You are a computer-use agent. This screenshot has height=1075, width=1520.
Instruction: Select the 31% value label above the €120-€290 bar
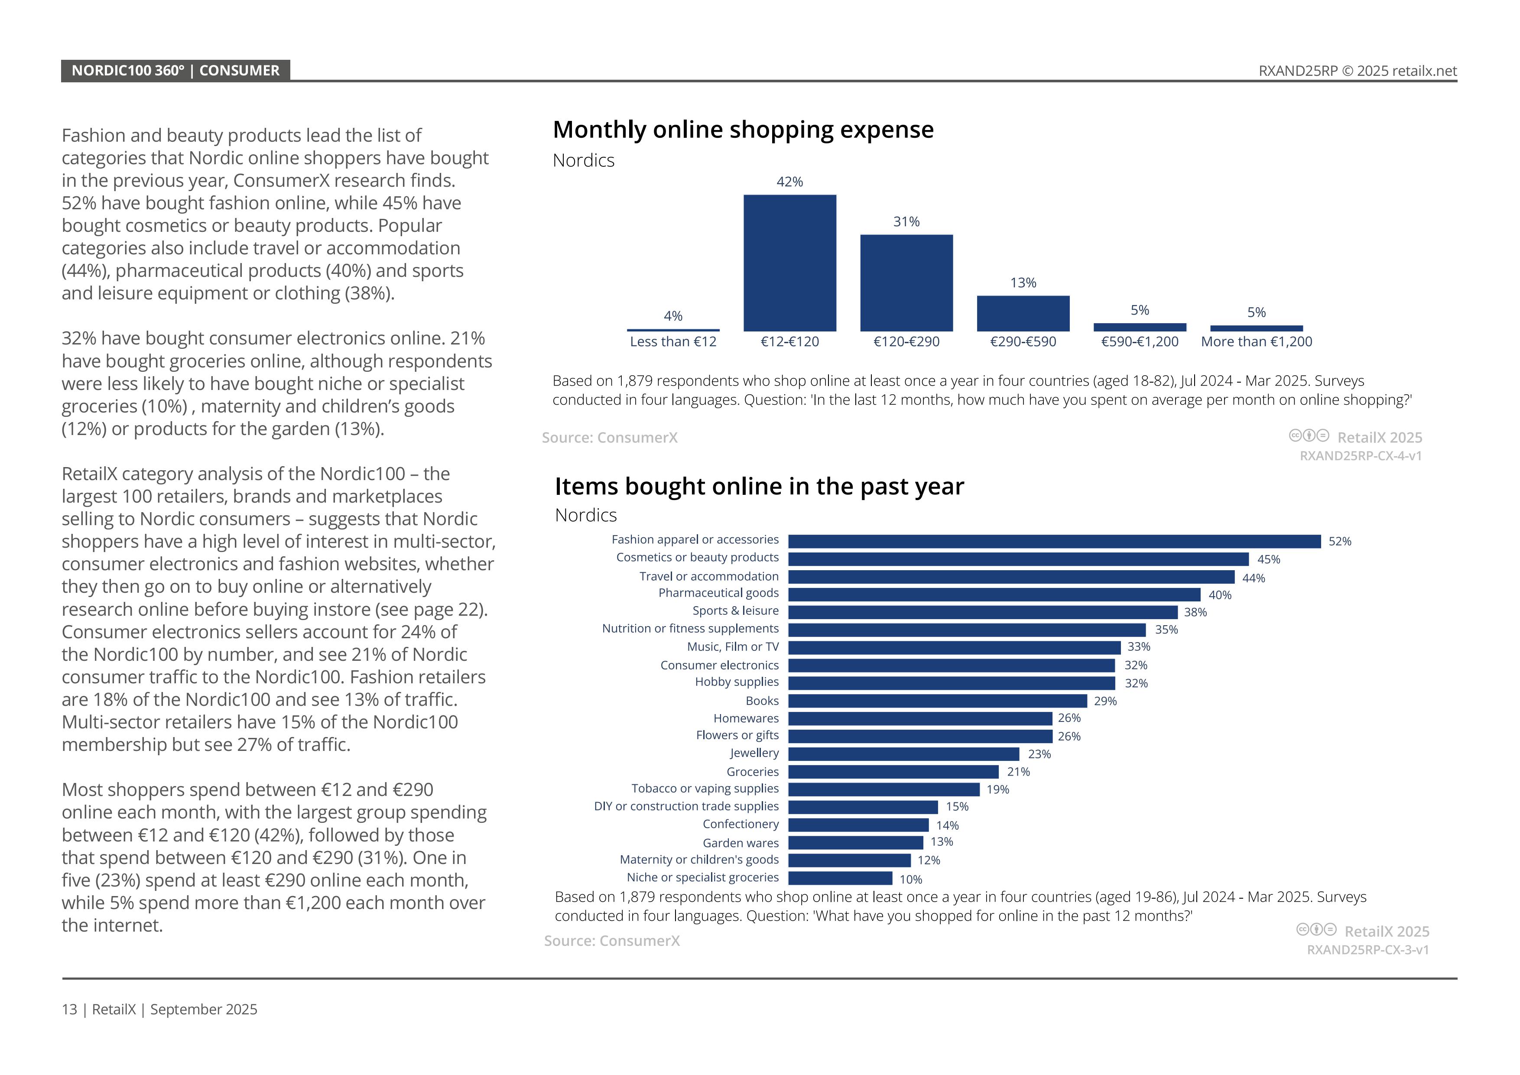906,222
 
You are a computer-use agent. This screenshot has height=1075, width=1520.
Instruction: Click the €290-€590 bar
1023,313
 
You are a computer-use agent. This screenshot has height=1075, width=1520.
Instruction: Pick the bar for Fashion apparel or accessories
1054,542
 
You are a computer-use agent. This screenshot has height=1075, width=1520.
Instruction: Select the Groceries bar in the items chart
893,772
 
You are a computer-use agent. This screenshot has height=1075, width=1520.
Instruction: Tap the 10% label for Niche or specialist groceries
910,880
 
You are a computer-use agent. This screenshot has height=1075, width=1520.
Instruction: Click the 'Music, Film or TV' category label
732,647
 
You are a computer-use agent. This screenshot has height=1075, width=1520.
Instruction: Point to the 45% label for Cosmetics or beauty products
1268,559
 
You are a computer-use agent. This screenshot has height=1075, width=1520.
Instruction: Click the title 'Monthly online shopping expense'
743,130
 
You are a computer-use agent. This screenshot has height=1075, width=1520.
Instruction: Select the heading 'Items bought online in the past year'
759,487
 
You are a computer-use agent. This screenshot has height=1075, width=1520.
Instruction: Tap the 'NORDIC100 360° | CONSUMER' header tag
175,71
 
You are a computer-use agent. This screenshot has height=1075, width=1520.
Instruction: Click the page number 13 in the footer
69,1010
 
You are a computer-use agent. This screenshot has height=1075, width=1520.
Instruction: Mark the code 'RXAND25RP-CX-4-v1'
1361,456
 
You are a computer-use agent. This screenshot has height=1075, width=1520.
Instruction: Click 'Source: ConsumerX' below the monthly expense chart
609,438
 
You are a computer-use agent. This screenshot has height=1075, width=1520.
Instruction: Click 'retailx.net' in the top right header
1424,71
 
